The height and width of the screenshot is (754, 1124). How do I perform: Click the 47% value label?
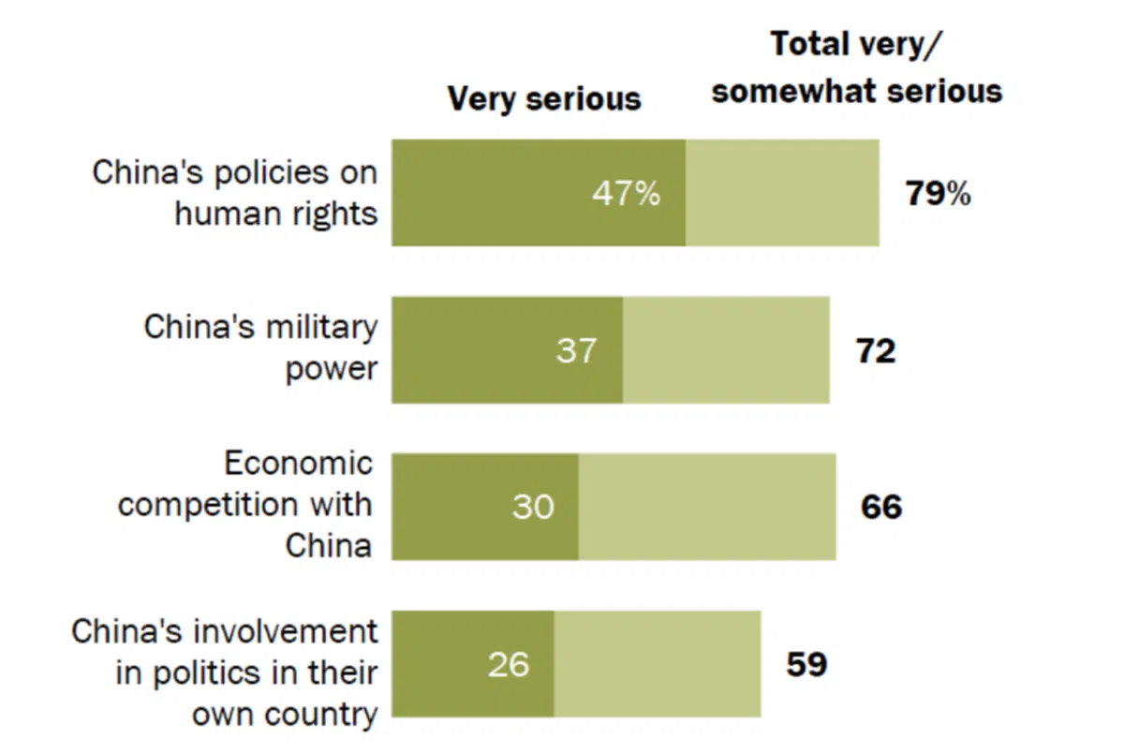[626, 194]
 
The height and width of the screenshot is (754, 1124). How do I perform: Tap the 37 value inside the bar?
[575, 350]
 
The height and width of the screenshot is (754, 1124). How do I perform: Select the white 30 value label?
[532, 507]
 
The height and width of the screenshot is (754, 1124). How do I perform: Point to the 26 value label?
[508, 664]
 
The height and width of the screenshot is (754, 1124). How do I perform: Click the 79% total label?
[938, 194]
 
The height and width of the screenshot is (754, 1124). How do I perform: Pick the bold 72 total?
[876, 351]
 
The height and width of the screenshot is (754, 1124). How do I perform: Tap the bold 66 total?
[881, 507]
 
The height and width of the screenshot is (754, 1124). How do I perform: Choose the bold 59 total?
[806, 664]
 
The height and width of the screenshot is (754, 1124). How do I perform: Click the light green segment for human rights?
[782, 194]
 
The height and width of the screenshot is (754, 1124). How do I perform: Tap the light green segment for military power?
[726, 350]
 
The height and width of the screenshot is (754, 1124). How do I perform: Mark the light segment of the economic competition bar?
[707, 507]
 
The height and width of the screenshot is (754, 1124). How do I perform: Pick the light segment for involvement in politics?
[658, 664]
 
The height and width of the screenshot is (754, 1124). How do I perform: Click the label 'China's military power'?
[261, 347]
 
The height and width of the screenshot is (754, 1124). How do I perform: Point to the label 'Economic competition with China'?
[246, 505]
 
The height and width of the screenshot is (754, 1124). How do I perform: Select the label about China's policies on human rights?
[235, 193]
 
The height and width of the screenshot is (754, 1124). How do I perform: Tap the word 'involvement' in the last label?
[287, 631]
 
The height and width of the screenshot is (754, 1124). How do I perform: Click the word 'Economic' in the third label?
[298, 464]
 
